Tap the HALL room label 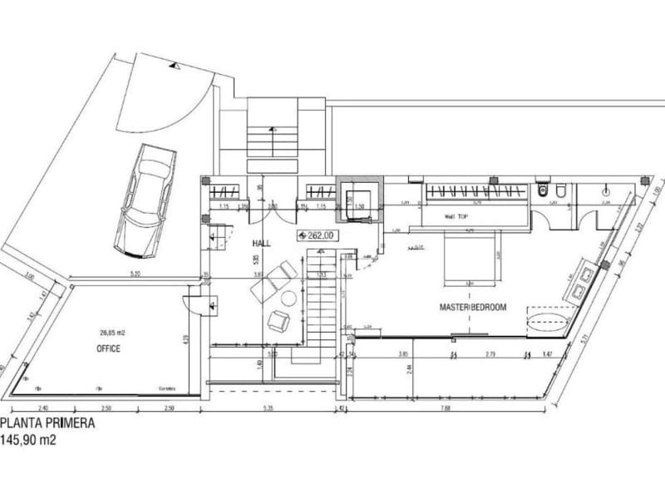coord(264,241)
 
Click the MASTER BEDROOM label coord(473,308)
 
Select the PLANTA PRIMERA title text coord(47,422)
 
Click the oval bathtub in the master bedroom coord(549,320)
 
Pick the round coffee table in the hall coord(288,298)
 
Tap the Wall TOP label coord(456,216)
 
